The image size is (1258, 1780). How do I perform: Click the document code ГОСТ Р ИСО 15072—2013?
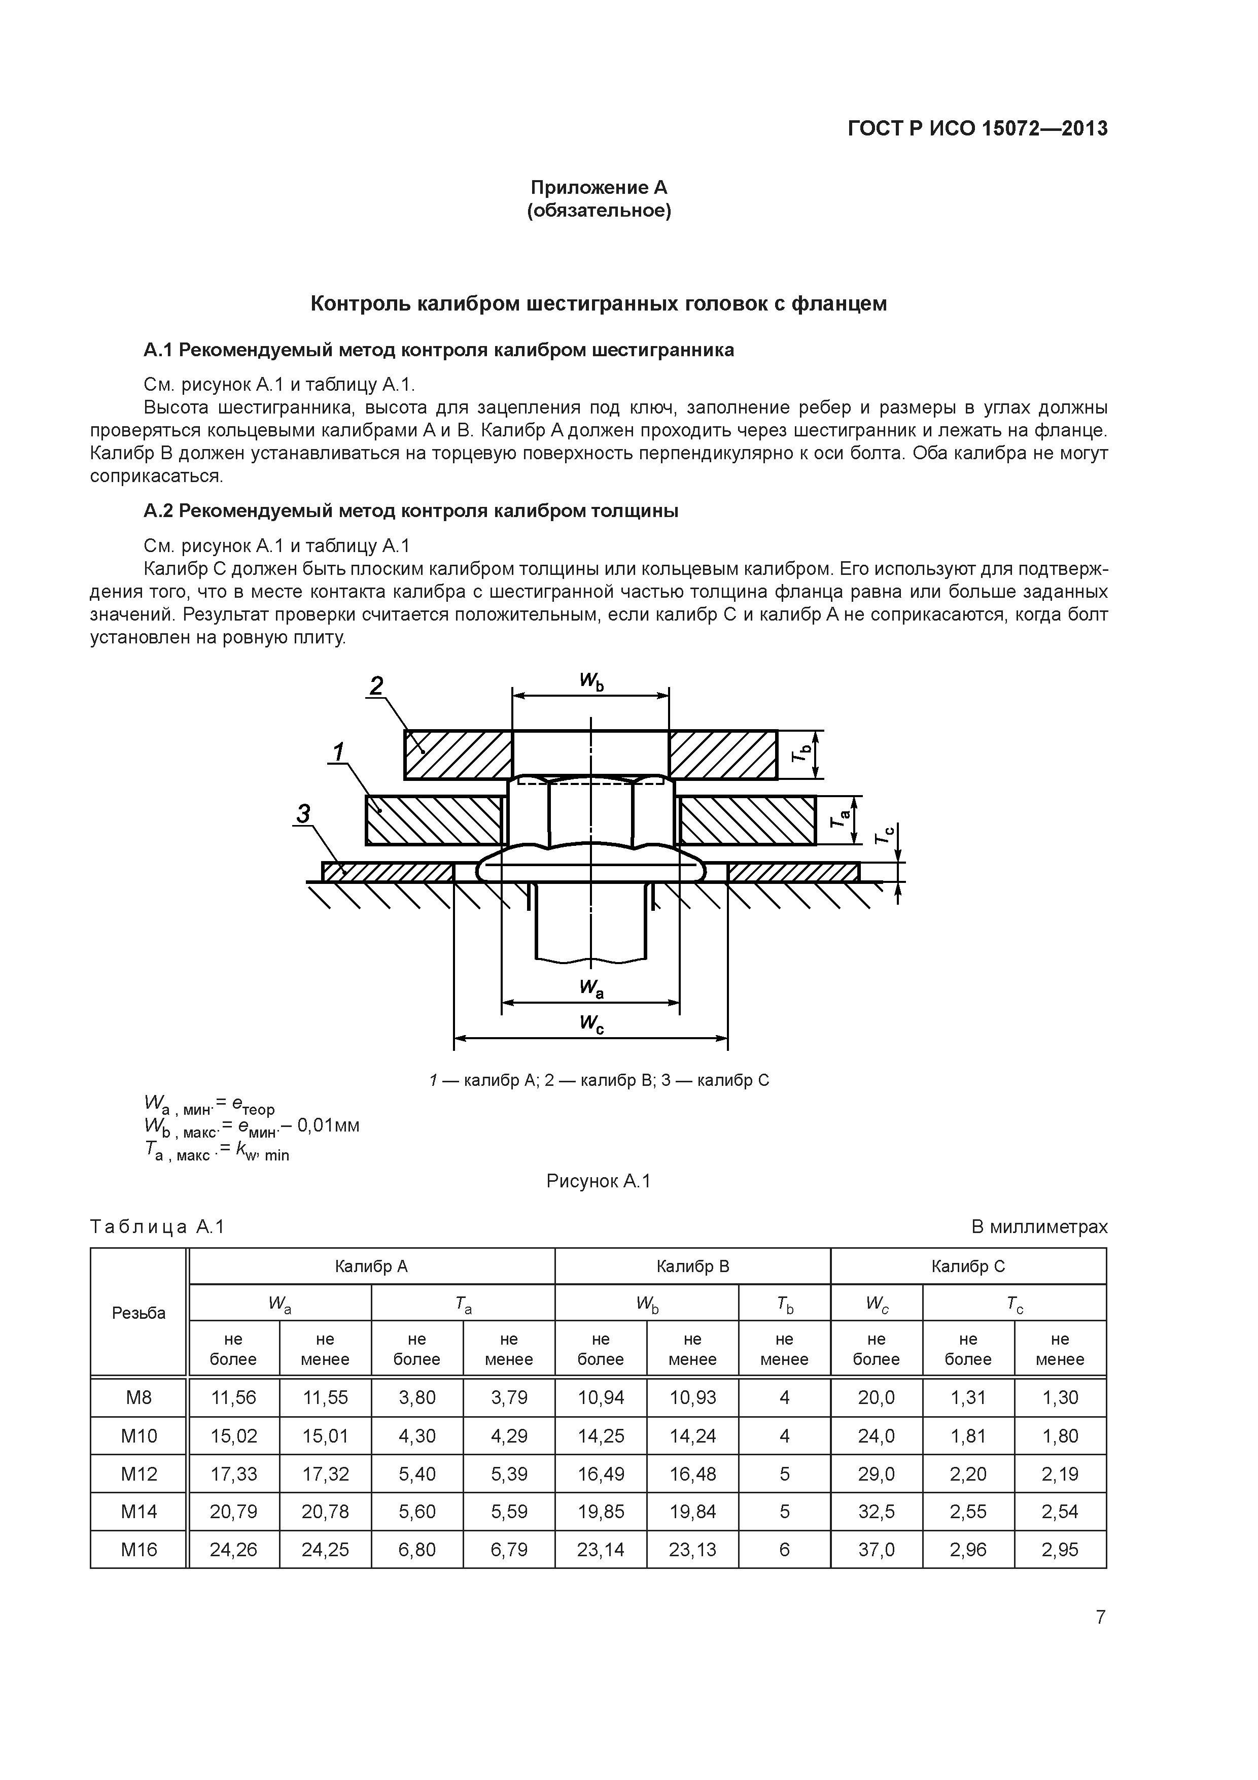pyautogui.click(x=977, y=129)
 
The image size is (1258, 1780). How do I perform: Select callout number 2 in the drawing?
pyautogui.click(x=377, y=686)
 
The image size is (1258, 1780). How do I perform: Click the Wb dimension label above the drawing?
pyautogui.click(x=591, y=681)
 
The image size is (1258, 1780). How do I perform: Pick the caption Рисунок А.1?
pyautogui.click(x=599, y=1181)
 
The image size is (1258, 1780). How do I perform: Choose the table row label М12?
pyautogui.click(x=139, y=1474)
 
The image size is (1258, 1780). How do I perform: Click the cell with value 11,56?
pyautogui.click(x=233, y=1398)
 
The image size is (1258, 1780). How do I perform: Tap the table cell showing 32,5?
pyautogui.click(x=876, y=1512)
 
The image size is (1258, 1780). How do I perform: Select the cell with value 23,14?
pyautogui.click(x=600, y=1550)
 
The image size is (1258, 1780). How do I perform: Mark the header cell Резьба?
pyautogui.click(x=139, y=1313)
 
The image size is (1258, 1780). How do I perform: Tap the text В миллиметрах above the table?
pyautogui.click(x=1039, y=1227)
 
